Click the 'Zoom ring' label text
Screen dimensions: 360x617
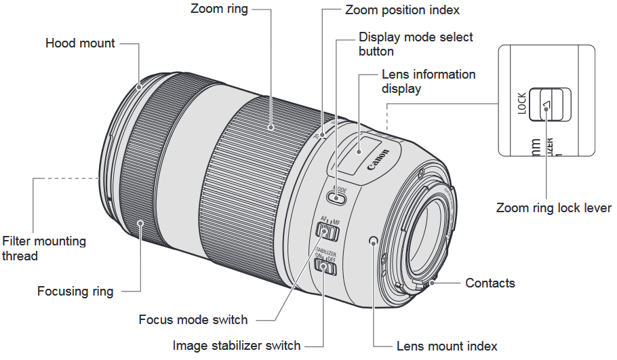tap(219, 9)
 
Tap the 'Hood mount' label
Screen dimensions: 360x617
tap(80, 43)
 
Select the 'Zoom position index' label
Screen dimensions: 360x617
tap(402, 10)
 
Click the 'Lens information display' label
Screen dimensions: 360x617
tap(429, 81)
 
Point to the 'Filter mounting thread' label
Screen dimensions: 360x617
tap(44, 248)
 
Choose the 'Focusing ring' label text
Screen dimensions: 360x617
tap(75, 292)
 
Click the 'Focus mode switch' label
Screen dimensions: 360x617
tap(193, 319)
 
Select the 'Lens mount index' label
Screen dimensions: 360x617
tap(447, 346)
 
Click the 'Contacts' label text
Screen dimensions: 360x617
tap(490, 283)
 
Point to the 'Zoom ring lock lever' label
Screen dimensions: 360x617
tap(554, 208)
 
